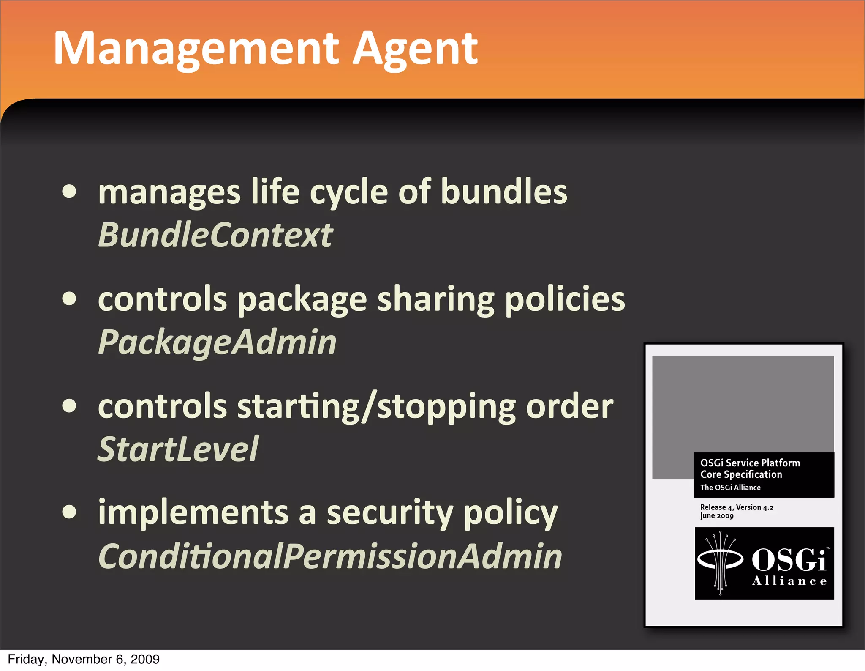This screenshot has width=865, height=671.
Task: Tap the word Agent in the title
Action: (415, 50)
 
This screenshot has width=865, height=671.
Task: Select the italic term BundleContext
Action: (215, 235)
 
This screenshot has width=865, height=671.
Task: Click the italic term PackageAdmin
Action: (217, 342)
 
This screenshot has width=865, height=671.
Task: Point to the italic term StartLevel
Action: (178, 449)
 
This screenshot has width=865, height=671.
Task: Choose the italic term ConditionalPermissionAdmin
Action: (330, 556)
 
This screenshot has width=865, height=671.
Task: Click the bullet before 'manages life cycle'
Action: (69, 192)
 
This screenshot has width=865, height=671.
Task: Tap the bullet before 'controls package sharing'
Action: (69, 299)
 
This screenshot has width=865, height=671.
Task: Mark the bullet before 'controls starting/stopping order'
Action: (69, 405)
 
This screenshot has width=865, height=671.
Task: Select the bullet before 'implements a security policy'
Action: (69, 512)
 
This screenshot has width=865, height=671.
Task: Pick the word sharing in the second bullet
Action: (436, 299)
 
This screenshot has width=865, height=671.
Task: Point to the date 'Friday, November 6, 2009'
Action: (84, 659)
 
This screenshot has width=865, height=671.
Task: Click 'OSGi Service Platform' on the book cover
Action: (750, 463)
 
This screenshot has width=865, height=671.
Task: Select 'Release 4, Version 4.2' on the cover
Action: (737, 507)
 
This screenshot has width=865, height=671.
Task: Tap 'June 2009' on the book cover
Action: (717, 516)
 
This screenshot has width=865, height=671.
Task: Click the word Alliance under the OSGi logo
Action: (789, 581)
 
